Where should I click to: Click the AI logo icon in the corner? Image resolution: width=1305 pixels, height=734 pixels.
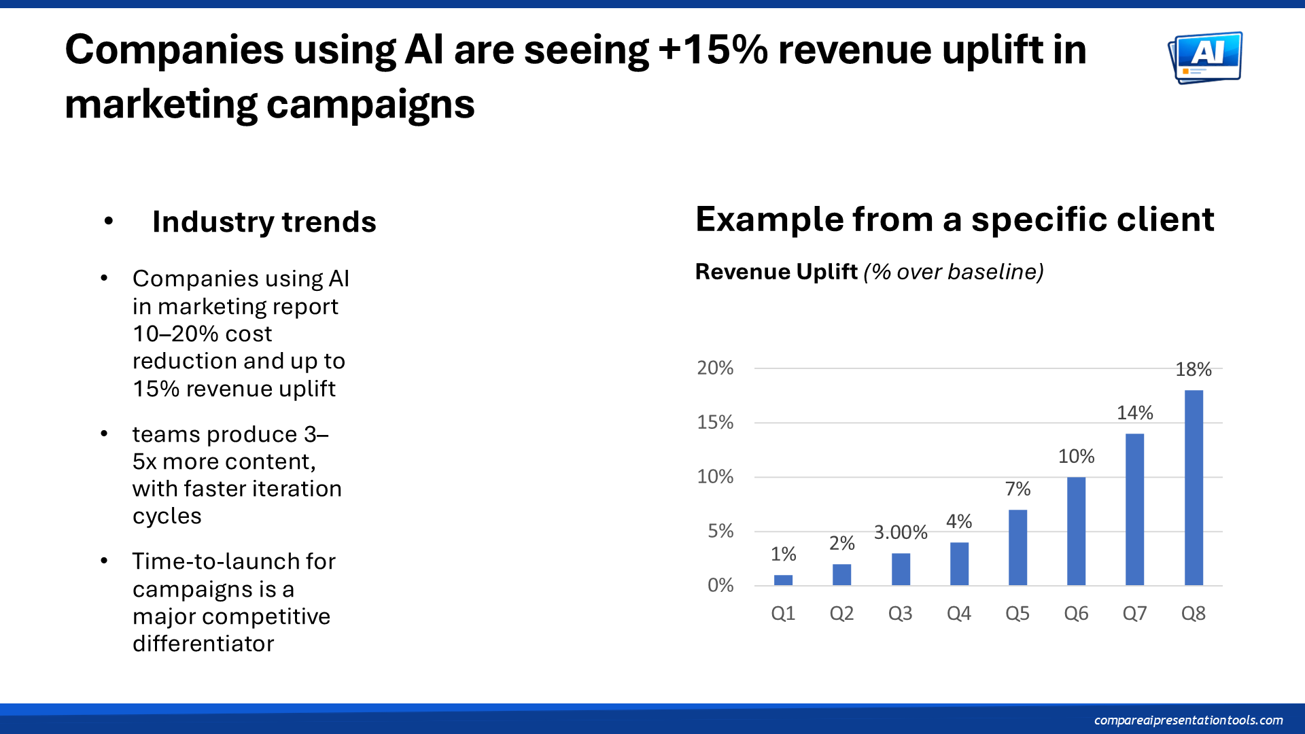click(x=1205, y=57)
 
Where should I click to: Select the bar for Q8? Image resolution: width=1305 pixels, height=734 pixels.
click(x=1194, y=487)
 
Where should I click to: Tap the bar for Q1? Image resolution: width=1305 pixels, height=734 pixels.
click(x=783, y=580)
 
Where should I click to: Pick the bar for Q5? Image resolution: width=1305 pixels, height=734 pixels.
click(x=1017, y=547)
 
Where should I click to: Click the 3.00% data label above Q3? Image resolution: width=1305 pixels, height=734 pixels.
click(x=900, y=532)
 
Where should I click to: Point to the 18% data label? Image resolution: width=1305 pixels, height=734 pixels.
click(x=1194, y=370)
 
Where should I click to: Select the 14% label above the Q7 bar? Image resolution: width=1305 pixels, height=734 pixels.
click(x=1134, y=413)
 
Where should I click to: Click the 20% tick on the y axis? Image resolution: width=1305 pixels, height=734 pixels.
click(x=715, y=368)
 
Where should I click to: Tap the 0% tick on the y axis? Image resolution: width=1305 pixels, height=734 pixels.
click(x=720, y=585)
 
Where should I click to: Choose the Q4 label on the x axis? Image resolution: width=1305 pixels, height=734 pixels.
click(x=958, y=614)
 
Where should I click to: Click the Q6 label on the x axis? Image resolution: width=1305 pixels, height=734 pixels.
click(x=1076, y=614)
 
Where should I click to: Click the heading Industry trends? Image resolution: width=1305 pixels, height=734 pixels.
click(x=264, y=222)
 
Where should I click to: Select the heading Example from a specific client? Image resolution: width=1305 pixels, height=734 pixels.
click(x=954, y=220)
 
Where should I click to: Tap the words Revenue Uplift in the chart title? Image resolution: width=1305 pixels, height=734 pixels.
click(x=776, y=272)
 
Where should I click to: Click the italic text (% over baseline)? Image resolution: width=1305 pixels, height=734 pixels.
click(x=953, y=272)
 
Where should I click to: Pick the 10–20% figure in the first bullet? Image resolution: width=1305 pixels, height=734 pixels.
click(x=175, y=334)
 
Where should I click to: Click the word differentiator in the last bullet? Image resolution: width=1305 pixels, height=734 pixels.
click(x=203, y=644)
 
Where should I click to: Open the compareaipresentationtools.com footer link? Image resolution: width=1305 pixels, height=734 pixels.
click(x=1188, y=720)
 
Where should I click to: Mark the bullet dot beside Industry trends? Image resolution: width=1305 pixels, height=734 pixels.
click(x=109, y=221)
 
